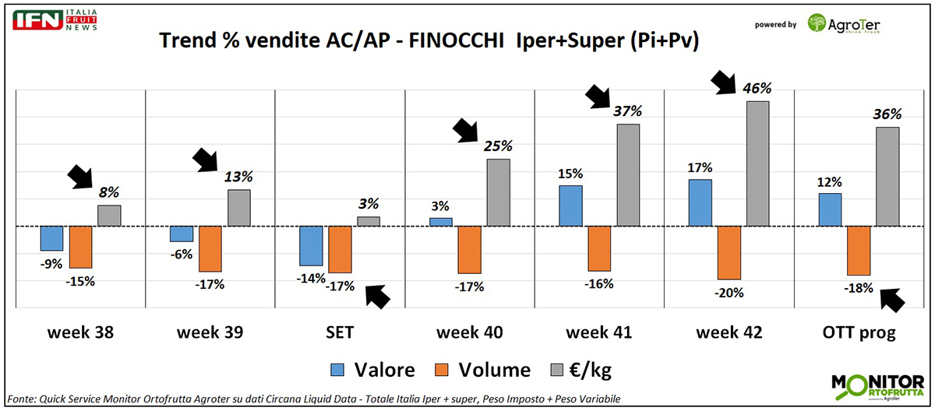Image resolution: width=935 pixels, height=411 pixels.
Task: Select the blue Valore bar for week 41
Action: pos(571,205)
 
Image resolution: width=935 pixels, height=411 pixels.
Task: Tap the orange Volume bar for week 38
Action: pos(80,247)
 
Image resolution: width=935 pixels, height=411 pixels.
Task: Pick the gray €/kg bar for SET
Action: pos(369,221)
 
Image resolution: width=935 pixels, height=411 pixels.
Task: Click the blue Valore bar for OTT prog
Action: pos(830,209)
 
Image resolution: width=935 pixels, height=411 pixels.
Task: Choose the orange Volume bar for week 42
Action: pos(729,252)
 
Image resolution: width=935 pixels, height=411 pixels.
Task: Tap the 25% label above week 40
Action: pos(498,145)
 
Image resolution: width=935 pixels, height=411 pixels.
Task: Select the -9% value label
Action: pos(51,264)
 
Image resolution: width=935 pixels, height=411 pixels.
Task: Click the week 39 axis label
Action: pos(210,332)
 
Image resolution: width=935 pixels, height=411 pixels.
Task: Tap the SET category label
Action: pos(340,332)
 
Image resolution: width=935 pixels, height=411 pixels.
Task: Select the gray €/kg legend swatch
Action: pos(559,370)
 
